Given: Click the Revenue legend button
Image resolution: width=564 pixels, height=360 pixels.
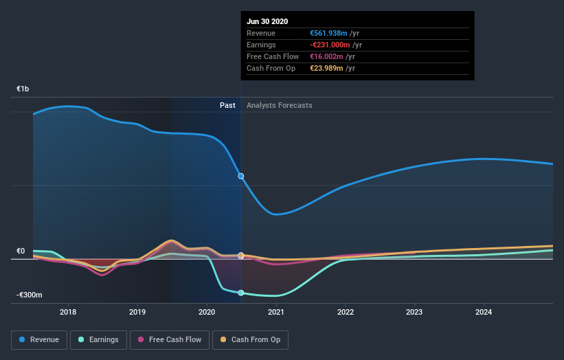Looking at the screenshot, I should [40, 339].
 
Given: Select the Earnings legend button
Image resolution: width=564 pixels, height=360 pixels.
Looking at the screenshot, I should [99, 339].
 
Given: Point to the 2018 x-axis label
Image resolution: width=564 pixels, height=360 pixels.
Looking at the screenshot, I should [68, 312].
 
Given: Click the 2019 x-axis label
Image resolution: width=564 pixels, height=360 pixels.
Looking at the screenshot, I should [137, 312].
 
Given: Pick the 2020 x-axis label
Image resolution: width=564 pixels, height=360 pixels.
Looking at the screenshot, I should [207, 312].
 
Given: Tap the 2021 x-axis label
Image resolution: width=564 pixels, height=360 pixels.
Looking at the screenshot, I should [276, 312].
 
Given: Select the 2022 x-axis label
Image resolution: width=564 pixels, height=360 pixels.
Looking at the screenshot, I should [346, 312].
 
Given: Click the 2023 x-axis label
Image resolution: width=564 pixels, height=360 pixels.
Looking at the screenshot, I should [415, 312].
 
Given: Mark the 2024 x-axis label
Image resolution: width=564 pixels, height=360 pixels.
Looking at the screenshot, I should [484, 312].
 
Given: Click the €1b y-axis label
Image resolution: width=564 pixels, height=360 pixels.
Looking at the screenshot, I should [23, 89].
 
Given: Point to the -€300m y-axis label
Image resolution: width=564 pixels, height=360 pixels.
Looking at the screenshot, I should [30, 295].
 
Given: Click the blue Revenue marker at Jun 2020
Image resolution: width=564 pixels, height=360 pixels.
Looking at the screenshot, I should [241, 176].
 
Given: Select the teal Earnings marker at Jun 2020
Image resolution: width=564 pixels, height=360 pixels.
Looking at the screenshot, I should [241, 293].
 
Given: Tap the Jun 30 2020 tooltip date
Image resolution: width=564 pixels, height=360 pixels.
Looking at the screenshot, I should [269, 21].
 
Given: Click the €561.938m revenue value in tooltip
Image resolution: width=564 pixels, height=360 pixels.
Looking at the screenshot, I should [332, 33].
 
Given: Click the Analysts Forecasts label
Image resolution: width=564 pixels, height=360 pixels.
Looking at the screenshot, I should [279, 105].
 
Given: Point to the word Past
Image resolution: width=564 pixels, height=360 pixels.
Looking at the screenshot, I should [227, 105].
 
